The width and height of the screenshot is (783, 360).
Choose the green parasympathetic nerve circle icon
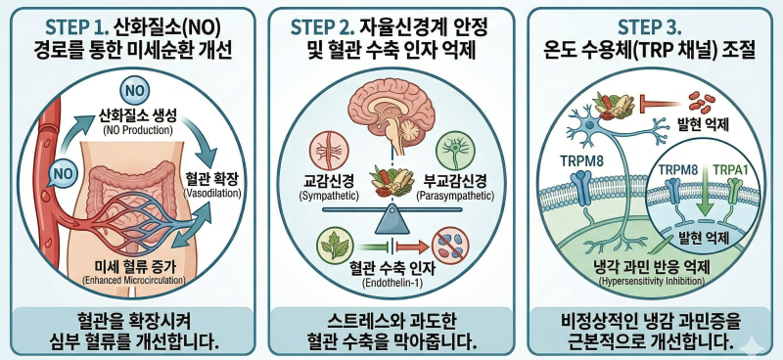tap(454, 150)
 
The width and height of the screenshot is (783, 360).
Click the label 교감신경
tap(329, 180)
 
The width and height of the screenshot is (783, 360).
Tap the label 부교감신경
tap(454, 180)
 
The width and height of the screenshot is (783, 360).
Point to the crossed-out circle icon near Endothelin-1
tap(450, 245)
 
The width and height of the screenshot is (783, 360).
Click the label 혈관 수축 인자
tap(392, 269)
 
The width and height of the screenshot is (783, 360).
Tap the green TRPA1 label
tap(724, 169)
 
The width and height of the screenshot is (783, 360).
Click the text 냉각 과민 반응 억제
tap(652, 267)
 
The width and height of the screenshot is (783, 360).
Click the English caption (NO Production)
tap(137, 131)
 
